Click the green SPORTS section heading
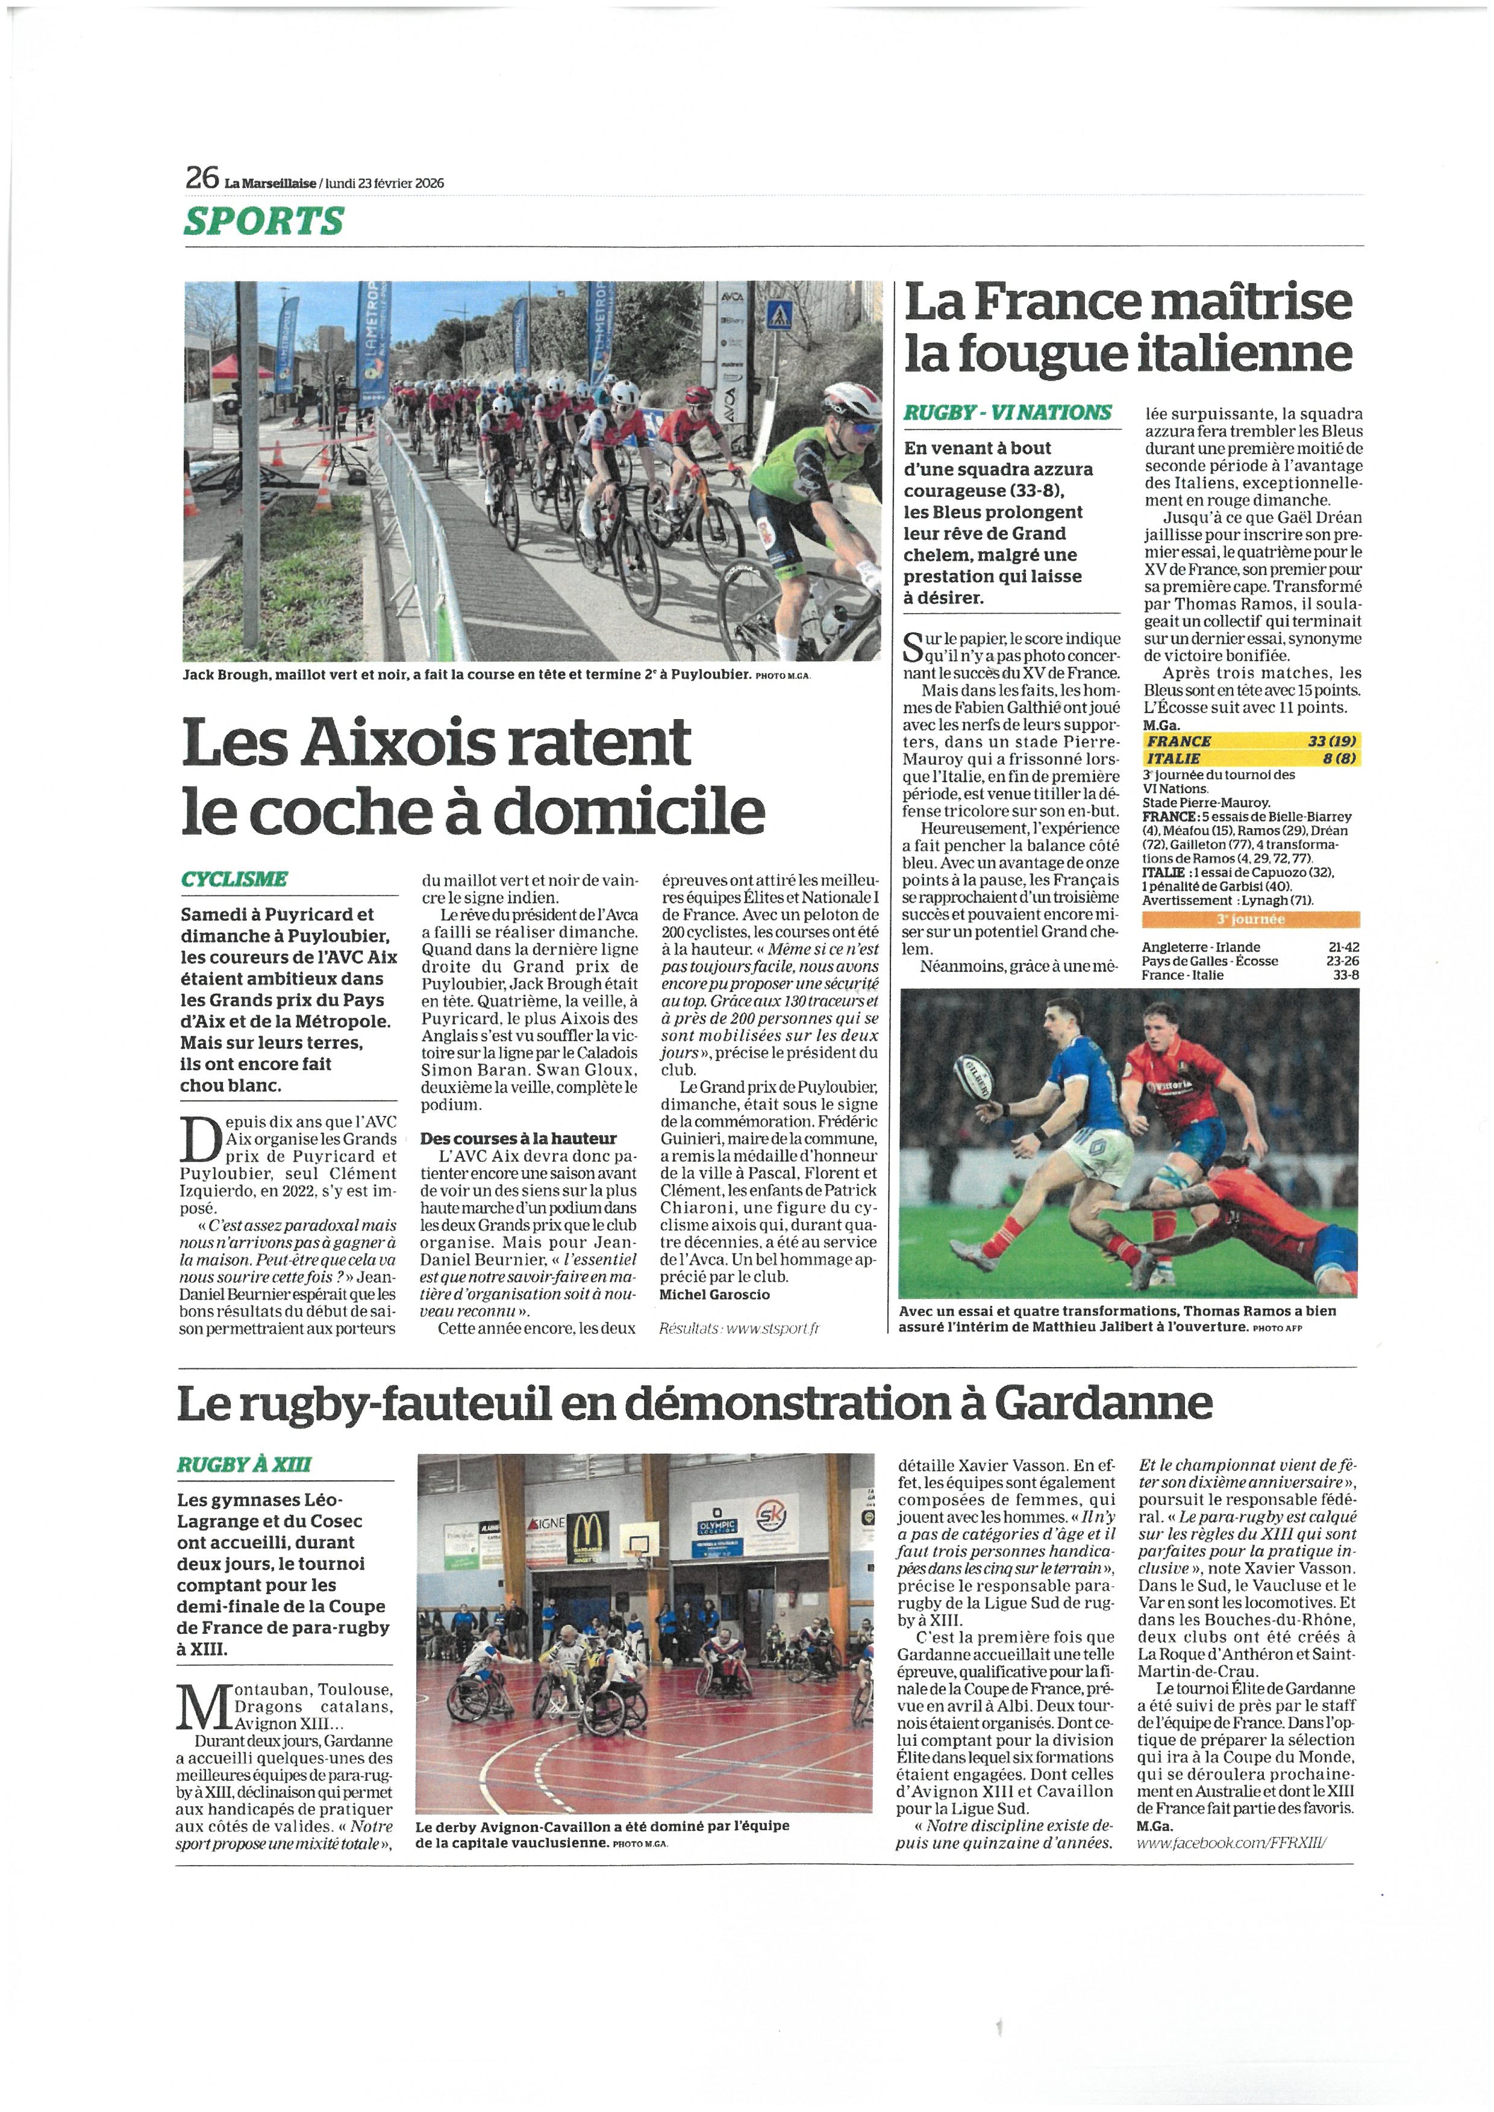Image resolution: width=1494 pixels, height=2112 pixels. pos(263,221)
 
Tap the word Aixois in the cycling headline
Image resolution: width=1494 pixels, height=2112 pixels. pos(388,741)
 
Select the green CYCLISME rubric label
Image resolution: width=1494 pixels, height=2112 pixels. pos(234,879)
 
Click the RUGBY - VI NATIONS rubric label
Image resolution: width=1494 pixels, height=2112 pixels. pos(1007,413)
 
